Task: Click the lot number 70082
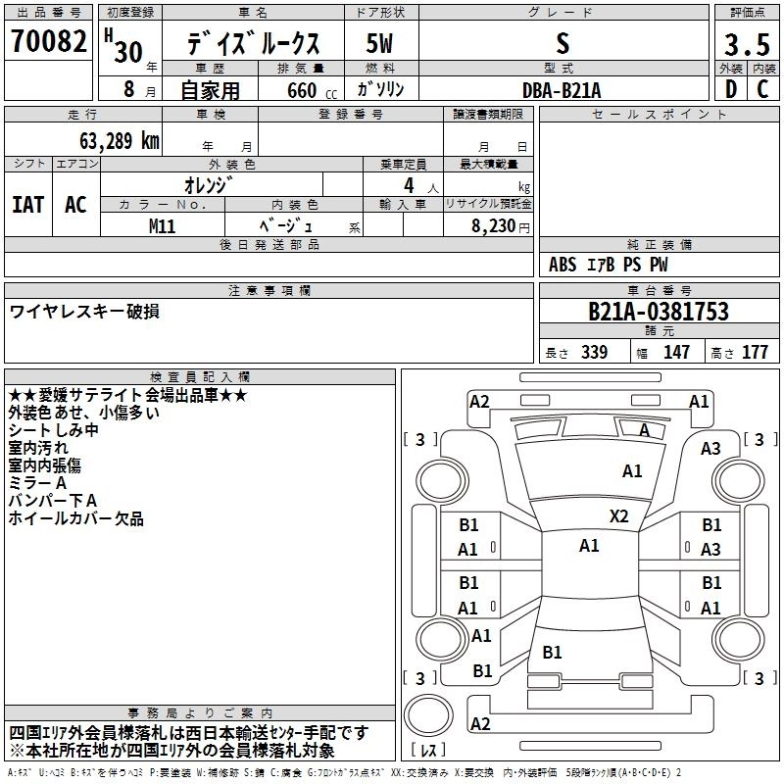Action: (48, 42)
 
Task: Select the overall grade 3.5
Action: (747, 46)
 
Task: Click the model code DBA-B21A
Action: (562, 90)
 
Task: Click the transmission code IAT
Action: (27, 204)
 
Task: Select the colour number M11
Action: (162, 225)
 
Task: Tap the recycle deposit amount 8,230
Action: (491, 226)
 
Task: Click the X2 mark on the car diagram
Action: (619, 516)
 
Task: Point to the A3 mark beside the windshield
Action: (710, 448)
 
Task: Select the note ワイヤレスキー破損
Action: (84, 312)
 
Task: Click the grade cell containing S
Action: (562, 44)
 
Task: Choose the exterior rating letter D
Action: (730, 90)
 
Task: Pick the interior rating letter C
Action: (762, 90)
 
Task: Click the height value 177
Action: (755, 352)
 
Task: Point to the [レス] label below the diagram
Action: (427, 751)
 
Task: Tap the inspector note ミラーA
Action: (37, 483)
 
